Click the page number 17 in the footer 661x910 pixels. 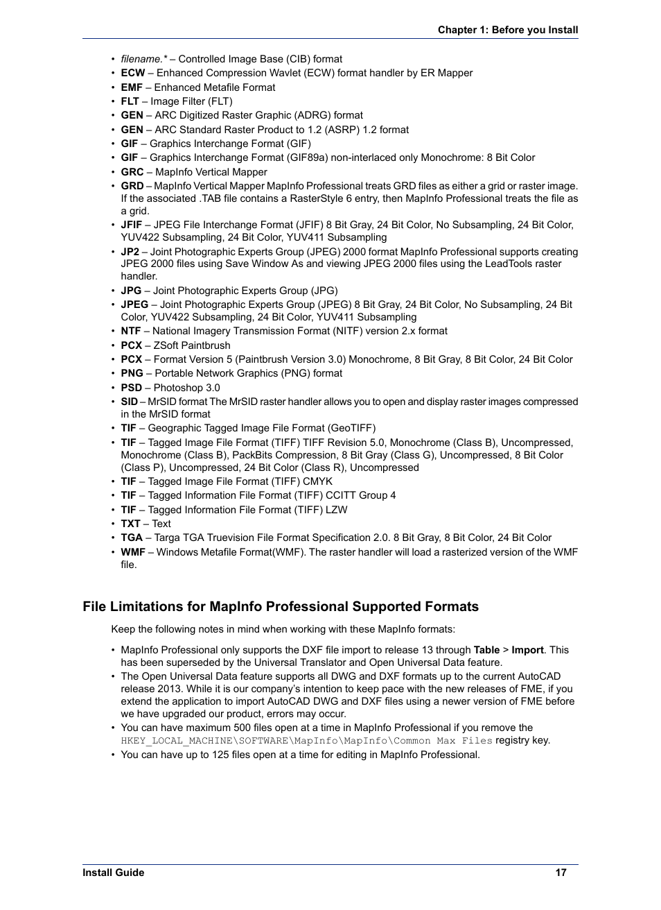(561, 873)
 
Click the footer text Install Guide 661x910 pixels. (114, 873)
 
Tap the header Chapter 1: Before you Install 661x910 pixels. (507, 30)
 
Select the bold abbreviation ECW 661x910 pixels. (132, 73)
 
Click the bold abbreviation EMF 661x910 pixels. (132, 87)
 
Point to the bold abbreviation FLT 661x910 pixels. (130, 101)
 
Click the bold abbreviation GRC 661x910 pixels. (132, 172)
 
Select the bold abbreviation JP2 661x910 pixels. (130, 252)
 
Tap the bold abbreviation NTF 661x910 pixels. (130, 331)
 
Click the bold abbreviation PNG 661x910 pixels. (132, 373)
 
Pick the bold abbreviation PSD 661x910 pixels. (131, 388)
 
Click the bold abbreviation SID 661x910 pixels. (129, 402)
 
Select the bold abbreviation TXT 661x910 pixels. (130, 524)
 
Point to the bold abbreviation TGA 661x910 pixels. (131, 538)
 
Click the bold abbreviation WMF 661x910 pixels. (133, 552)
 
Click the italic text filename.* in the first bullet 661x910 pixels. (143, 59)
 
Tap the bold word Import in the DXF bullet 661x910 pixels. (527, 650)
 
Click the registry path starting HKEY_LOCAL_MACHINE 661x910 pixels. (306, 741)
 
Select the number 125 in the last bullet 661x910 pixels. (220, 755)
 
